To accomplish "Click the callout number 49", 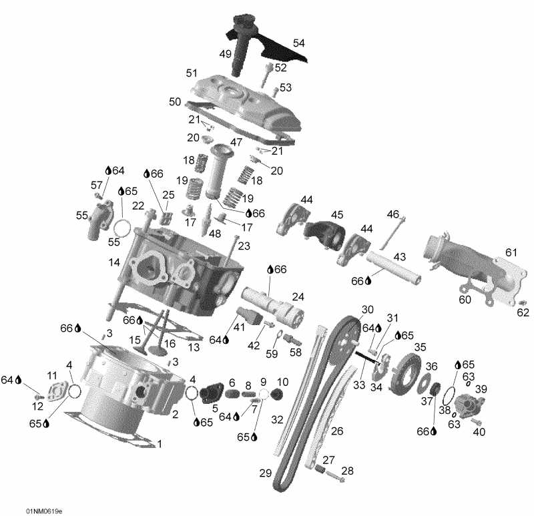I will coord(225,53).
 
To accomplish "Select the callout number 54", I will coord(298,43).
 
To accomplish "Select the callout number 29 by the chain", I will coord(266,473).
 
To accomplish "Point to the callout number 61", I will coord(511,252).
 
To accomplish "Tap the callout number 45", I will coord(337,214).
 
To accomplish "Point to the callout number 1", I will coord(159,443).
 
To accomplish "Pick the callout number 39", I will coord(481,389).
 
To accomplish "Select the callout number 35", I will coord(420,347).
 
